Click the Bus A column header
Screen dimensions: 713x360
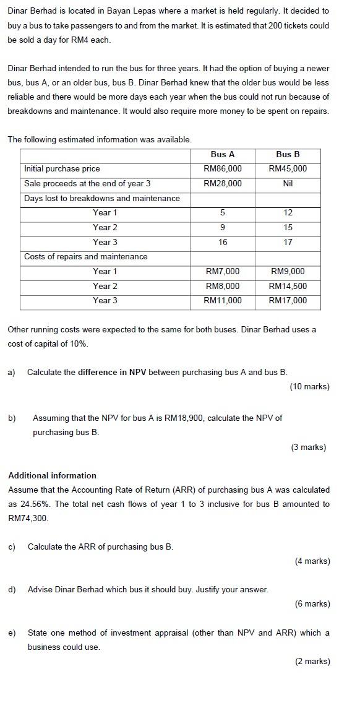pyautogui.click(x=223, y=154)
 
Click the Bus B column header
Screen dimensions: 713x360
pyautogui.click(x=288, y=154)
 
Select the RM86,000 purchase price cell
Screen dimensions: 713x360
pyautogui.click(x=223, y=169)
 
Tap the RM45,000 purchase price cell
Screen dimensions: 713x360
pyautogui.click(x=288, y=169)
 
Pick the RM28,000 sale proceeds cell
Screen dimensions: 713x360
pyautogui.click(x=223, y=184)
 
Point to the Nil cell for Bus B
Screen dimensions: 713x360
pyautogui.click(x=288, y=184)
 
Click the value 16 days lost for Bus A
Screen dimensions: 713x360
pyautogui.click(x=223, y=243)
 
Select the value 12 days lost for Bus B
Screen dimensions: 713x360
pyautogui.click(x=288, y=213)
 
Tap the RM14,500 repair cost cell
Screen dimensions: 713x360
pyautogui.click(x=288, y=286)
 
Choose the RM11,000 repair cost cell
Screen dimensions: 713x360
pyautogui.click(x=223, y=301)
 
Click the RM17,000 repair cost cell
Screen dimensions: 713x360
pyautogui.click(x=288, y=301)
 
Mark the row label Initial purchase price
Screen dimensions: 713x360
pyautogui.click(x=62, y=169)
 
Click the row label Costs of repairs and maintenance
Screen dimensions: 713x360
pyautogui.click(x=85, y=257)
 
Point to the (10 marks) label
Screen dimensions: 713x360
pyautogui.click(x=309, y=387)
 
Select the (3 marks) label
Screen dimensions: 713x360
pyautogui.click(x=308, y=447)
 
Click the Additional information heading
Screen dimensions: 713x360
pyautogui.click(x=52, y=476)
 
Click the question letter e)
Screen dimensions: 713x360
pyautogui.click(x=12, y=633)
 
